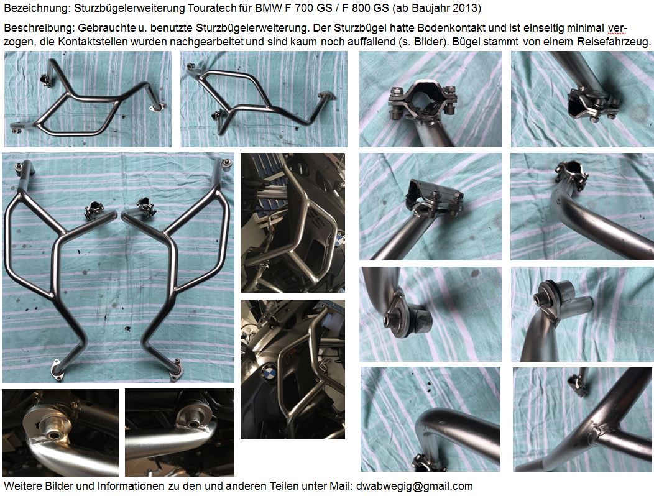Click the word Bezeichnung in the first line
tap(36, 8)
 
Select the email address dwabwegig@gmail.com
tap(415, 486)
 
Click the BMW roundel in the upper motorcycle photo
tap(339, 240)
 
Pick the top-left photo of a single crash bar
tap(88, 99)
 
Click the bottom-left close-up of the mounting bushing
tap(60, 433)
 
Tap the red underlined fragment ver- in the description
tap(617, 29)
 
